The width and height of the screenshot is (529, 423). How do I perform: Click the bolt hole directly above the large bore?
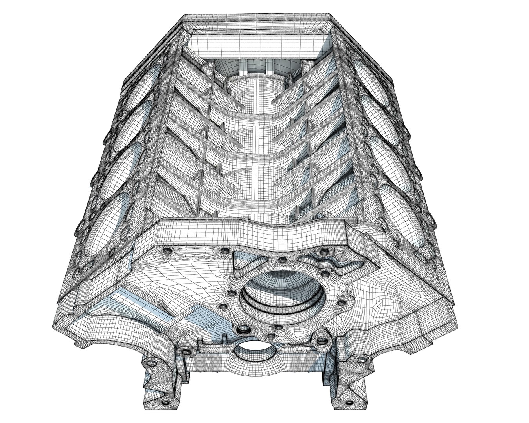coord(282,260)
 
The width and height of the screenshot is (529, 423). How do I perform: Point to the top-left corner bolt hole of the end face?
coord(167,250)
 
